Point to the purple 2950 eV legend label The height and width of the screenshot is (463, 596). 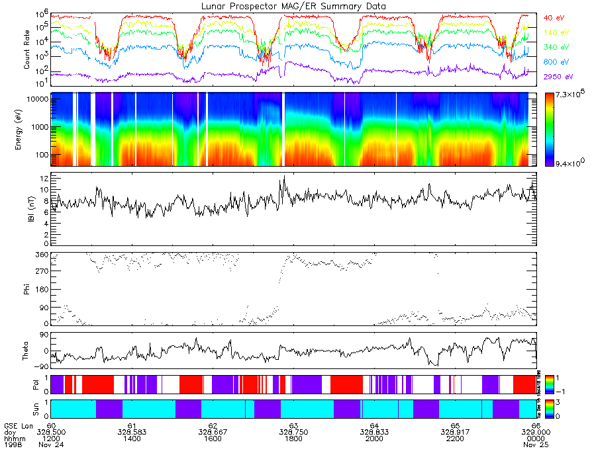(x=556, y=76)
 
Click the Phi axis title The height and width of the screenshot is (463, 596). (x=28, y=288)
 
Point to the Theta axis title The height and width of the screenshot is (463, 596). (x=28, y=351)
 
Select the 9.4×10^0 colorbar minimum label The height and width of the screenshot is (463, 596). (x=571, y=163)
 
